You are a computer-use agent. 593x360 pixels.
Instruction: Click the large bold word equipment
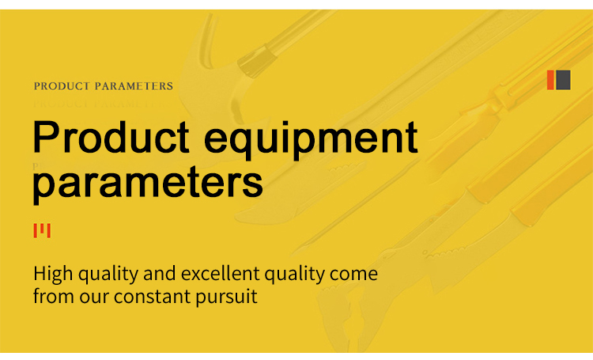310,138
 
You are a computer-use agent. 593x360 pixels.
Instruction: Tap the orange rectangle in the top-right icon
550,79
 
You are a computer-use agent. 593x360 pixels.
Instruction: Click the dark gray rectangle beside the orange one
563,79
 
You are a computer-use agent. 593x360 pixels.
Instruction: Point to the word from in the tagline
51,298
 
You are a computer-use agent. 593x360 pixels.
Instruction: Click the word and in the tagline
160,275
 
